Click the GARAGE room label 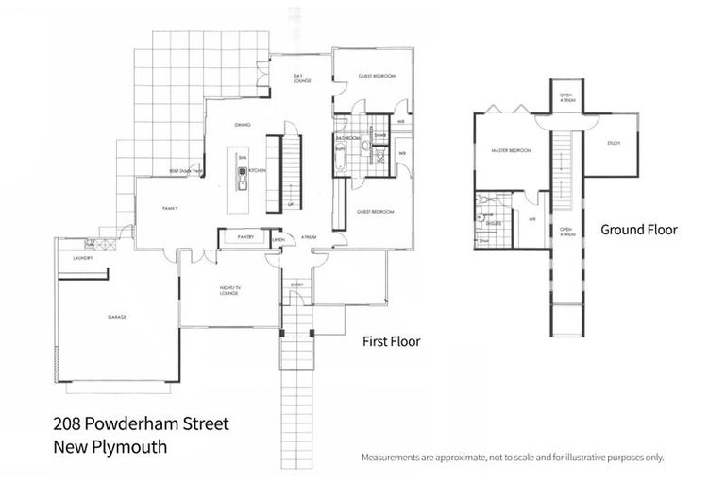click(x=117, y=317)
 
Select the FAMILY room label click(x=171, y=208)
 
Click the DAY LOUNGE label click(x=302, y=80)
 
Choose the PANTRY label click(x=246, y=237)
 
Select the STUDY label click(x=614, y=143)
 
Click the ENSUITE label click(x=493, y=223)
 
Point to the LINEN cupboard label click(x=278, y=239)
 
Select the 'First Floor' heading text click(x=392, y=341)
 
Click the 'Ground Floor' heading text click(x=638, y=230)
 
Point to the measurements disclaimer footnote click(x=513, y=458)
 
